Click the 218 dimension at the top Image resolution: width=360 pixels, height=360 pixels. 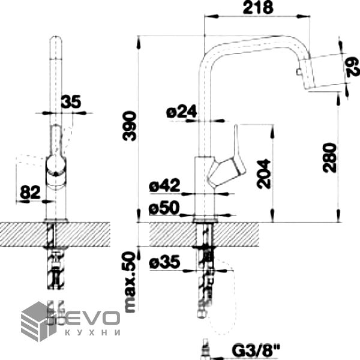[258, 8]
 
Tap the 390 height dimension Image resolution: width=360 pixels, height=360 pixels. [130, 126]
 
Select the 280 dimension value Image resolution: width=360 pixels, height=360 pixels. [329, 158]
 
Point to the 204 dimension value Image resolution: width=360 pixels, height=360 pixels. [264, 175]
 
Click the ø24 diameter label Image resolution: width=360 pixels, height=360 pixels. [182, 112]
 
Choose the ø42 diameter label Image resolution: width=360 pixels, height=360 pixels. [164, 185]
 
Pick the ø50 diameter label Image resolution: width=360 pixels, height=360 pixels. [164, 208]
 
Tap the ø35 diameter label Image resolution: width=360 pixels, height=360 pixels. [164, 262]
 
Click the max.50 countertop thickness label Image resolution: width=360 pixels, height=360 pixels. [130, 282]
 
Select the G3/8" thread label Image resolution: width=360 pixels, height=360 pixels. [256, 350]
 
